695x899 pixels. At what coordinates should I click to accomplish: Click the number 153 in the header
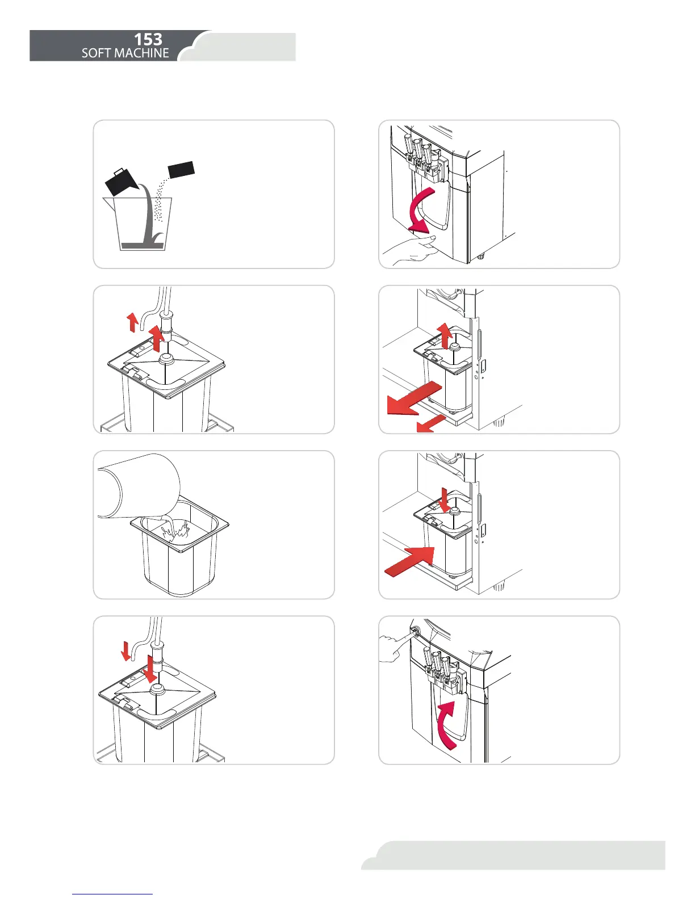click(148, 39)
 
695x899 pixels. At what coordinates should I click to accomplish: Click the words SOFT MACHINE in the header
click(125, 53)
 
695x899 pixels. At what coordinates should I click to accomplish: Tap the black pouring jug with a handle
click(121, 182)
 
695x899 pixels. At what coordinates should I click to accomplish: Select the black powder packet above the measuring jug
click(181, 170)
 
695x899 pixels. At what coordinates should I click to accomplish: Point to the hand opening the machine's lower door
click(410, 250)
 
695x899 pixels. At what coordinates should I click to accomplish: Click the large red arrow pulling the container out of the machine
click(414, 398)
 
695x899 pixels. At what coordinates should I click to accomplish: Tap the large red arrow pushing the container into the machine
click(410, 561)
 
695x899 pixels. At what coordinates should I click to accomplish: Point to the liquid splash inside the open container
click(176, 531)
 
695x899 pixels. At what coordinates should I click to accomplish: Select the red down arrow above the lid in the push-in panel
click(445, 500)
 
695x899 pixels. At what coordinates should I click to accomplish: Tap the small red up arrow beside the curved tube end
click(132, 322)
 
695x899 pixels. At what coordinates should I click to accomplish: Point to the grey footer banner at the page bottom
click(513, 855)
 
